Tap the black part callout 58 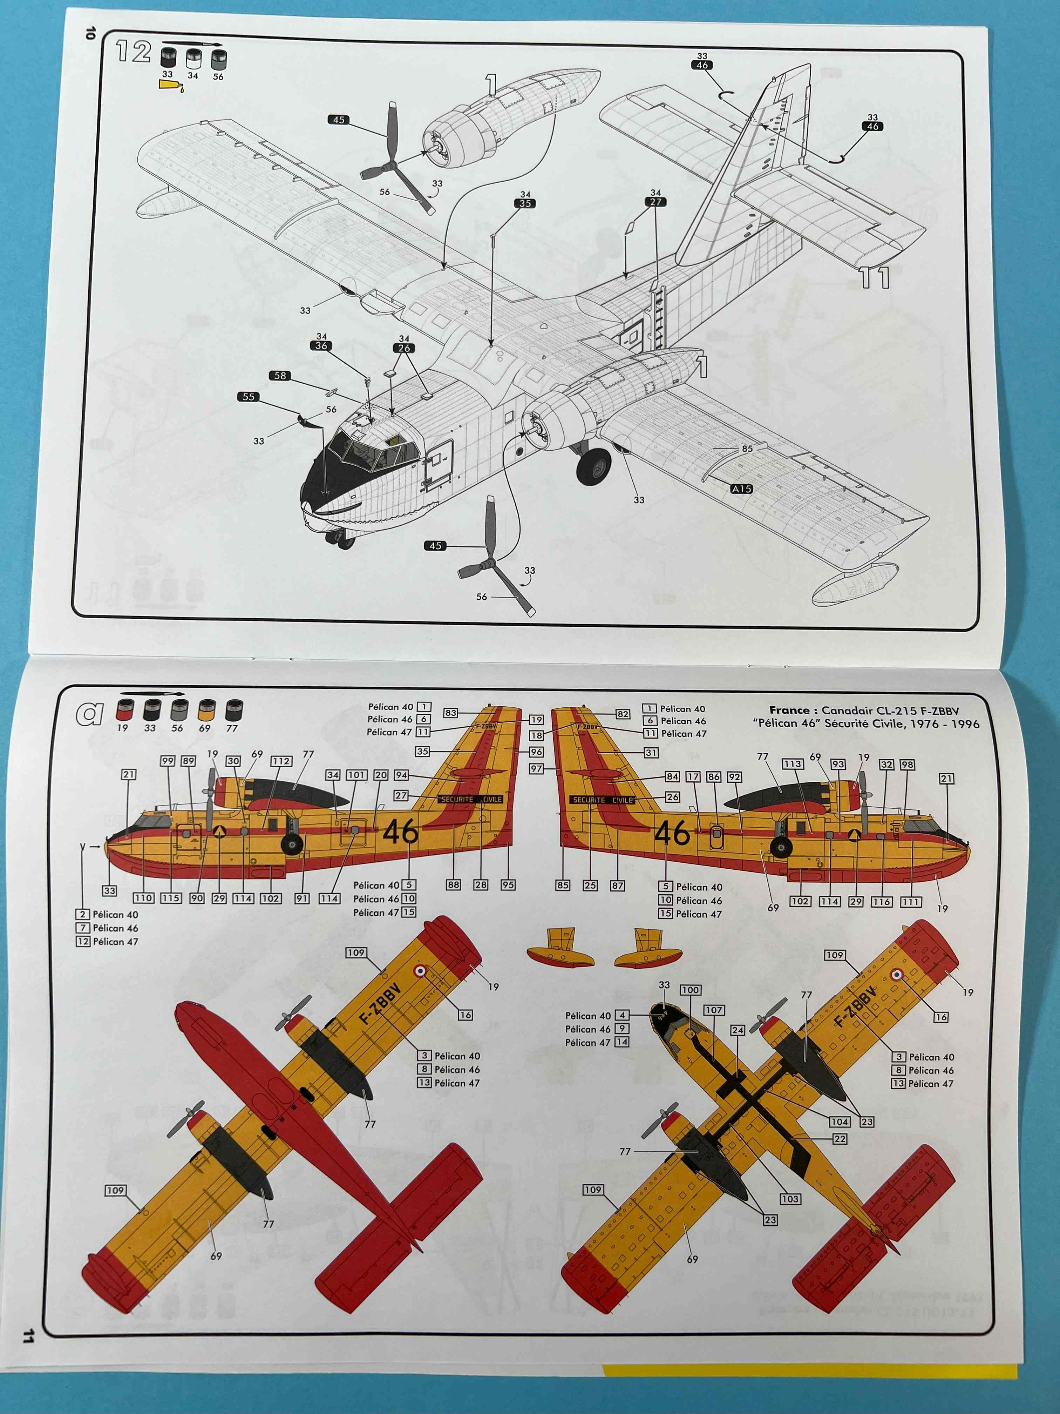(x=280, y=376)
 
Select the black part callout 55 (x=248, y=397)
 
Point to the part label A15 (x=741, y=489)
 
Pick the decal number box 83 (x=450, y=713)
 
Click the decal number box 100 (x=690, y=990)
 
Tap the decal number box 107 (x=714, y=1010)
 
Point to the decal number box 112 (x=281, y=761)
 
